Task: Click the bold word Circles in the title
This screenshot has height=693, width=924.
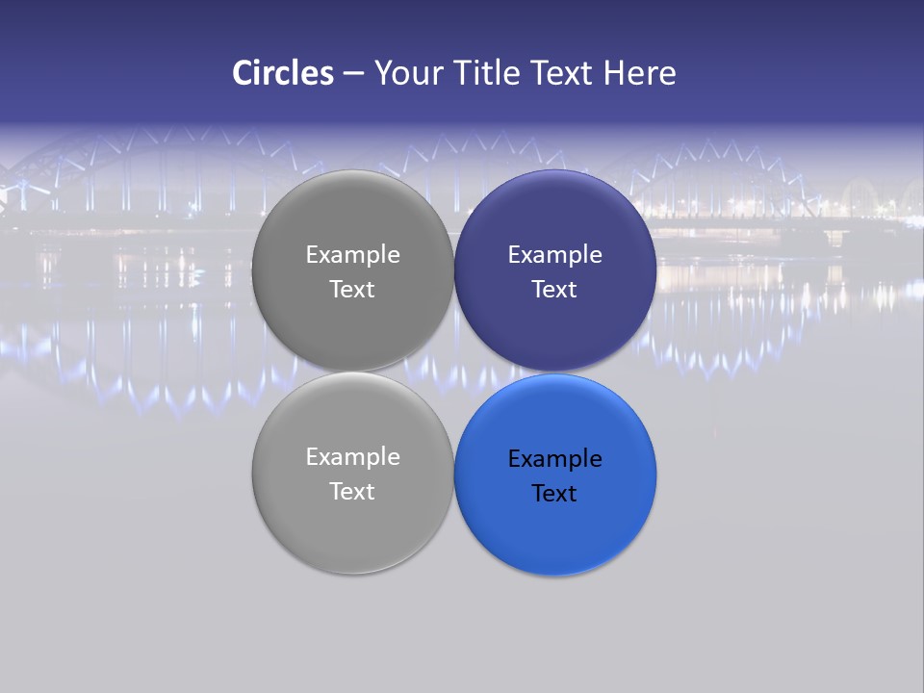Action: pos(283,73)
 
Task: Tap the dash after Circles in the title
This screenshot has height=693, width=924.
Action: pos(353,74)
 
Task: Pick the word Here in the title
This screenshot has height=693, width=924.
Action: pos(639,73)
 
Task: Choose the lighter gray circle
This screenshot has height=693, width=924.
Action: pos(352,529)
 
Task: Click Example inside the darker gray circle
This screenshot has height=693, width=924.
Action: pos(352,255)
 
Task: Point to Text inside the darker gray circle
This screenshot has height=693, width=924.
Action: pos(352,290)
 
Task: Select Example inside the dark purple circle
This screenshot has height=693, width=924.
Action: pos(554,255)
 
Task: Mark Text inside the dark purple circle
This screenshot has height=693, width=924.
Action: pos(554,290)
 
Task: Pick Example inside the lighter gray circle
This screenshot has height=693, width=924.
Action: pos(352,457)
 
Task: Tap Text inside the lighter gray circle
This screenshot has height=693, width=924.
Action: pos(352,492)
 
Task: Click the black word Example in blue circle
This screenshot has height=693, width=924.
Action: pos(554,459)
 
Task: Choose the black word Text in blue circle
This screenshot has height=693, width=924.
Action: pos(554,494)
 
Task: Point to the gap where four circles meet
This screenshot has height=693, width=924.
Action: pos(453,372)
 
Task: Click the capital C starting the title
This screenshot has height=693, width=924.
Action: pos(243,73)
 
